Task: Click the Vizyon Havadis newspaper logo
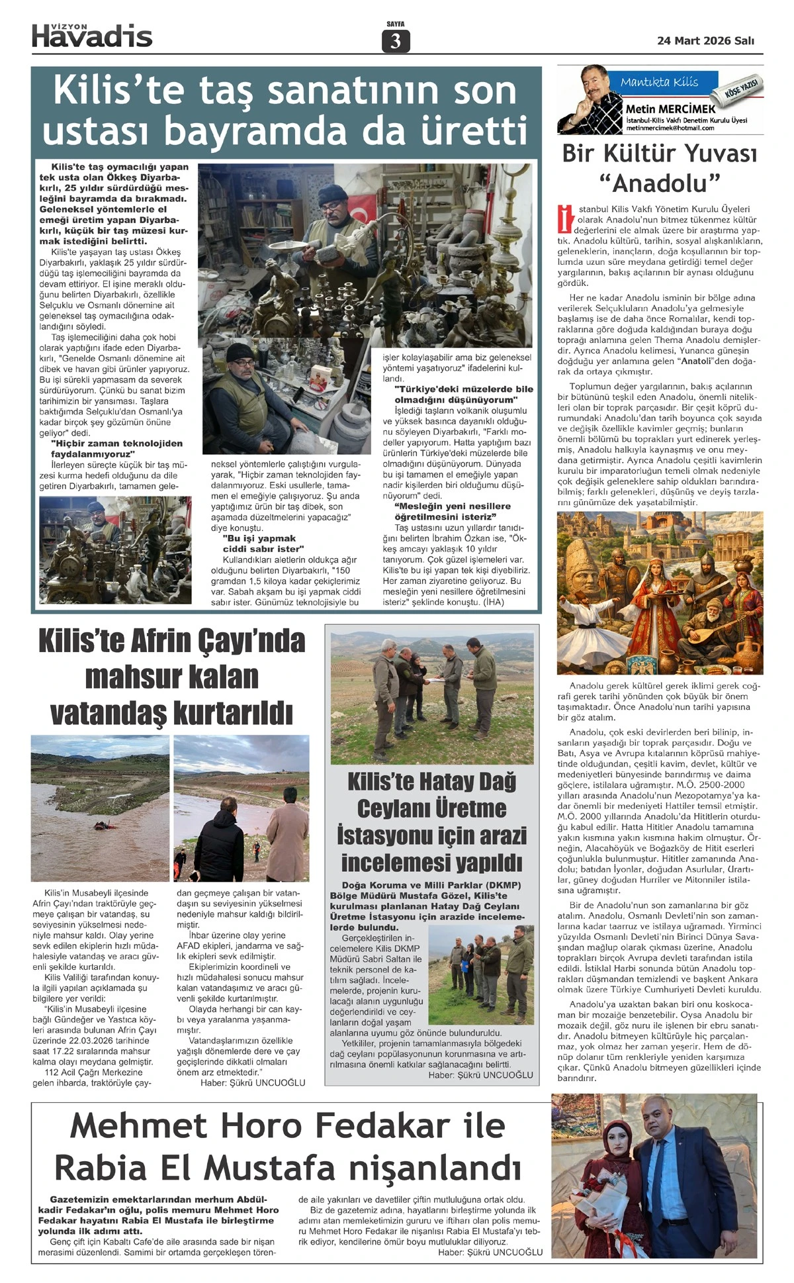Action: point(92,36)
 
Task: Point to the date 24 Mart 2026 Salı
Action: point(705,40)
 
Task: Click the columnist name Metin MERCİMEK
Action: point(670,109)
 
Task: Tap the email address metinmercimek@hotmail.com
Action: point(670,128)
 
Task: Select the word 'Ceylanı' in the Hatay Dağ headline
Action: point(431,808)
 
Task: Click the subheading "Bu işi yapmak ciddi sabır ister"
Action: point(263,544)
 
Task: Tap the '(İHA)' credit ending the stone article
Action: point(494,602)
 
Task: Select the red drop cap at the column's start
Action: point(565,219)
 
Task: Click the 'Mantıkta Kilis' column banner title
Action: point(659,82)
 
